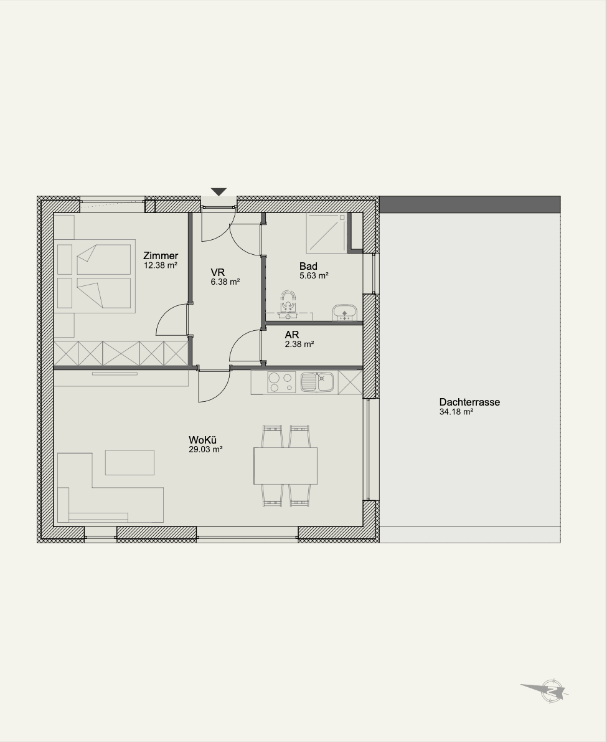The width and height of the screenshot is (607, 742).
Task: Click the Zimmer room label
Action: [x=161, y=256]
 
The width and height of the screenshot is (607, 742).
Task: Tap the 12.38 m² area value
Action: [x=161, y=265]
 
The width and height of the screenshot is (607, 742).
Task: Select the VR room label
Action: [x=218, y=273]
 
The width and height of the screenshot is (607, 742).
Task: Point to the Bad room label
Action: [x=308, y=267]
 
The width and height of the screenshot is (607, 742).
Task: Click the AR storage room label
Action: [x=292, y=335]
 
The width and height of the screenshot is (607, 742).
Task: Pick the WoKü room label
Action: [x=203, y=440]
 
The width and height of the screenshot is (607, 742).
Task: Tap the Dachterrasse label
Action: [x=469, y=402]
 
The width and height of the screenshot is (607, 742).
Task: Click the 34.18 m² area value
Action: [x=457, y=412]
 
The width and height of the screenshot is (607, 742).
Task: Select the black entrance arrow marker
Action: [x=219, y=192]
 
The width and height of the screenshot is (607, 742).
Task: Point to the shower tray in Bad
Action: [x=327, y=231]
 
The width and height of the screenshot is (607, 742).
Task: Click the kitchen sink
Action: [x=318, y=382]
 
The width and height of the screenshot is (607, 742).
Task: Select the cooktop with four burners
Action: [x=281, y=382]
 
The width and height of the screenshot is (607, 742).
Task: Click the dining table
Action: [x=286, y=465]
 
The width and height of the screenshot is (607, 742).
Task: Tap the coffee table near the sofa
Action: [x=129, y=462]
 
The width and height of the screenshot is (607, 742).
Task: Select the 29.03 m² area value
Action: [x=205, y=450]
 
